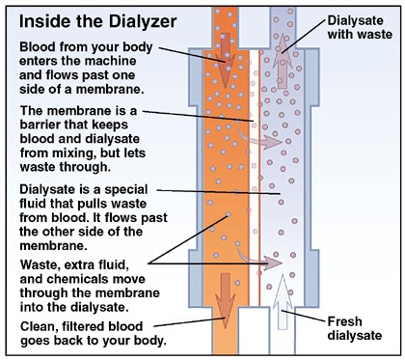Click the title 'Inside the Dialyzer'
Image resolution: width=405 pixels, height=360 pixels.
coord(97,22)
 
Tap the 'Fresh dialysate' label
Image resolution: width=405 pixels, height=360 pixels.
coord(355,328)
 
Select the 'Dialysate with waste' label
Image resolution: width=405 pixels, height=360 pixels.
coord(360,27)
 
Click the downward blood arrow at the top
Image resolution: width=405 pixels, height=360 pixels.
coord(226,60)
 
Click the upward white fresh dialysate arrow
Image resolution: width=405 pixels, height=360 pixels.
coord(283,302)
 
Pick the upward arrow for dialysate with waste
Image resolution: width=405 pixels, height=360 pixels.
coord(283,61)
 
